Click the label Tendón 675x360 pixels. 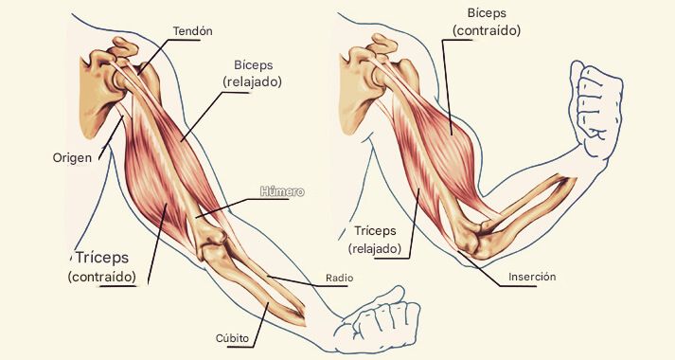[192, 30]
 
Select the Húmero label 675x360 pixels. [282, 192]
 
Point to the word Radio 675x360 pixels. [339, 279]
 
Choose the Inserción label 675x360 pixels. [531, 277]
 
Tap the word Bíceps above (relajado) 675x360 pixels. [253, 64]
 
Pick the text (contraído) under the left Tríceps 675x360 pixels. [109, 277]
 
